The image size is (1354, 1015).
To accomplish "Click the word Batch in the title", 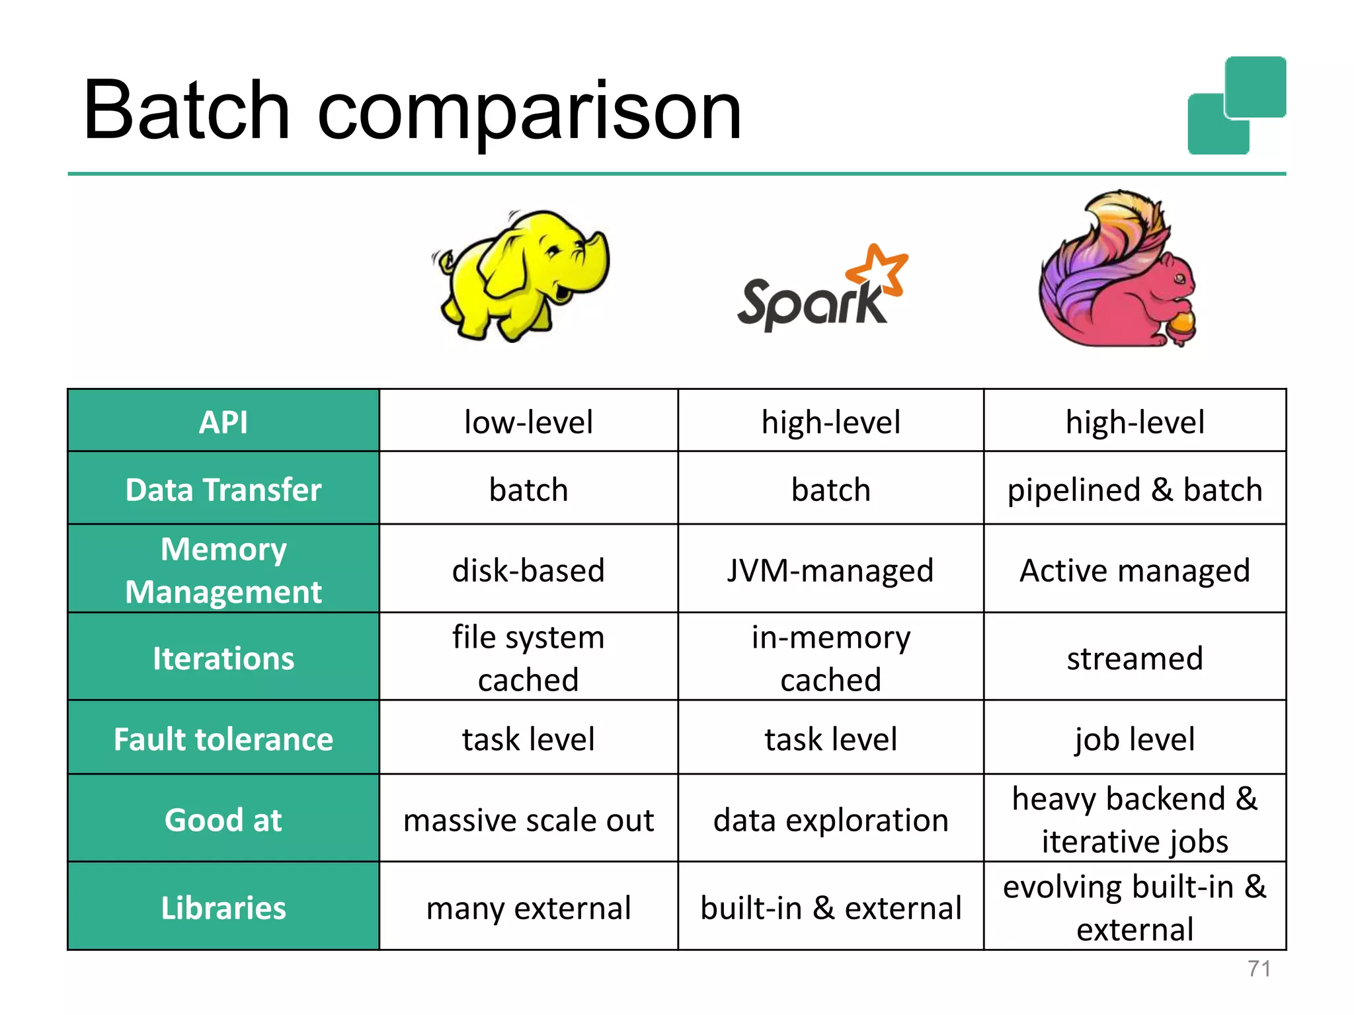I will click(186, 111).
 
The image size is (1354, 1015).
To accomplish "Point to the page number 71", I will click(1258, 969).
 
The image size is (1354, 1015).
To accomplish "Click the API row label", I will click(223, 422).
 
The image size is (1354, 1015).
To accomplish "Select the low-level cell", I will click(528, 422).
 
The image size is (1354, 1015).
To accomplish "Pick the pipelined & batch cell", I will click(1135, 490).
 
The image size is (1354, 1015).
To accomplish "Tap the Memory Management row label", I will click(223, 570).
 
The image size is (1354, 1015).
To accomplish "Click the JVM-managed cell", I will click(830, 570).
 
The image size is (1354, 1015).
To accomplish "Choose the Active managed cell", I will click(1135, 570).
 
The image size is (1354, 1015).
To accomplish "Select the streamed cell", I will click(1135, 658).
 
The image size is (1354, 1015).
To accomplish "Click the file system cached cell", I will click(528, 658).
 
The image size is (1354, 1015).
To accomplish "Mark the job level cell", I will click(1135, 739).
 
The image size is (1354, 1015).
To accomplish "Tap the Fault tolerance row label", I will click(223, 739).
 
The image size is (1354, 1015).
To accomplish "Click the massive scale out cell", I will click(528, 820).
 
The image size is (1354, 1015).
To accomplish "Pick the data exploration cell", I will click(830, 820).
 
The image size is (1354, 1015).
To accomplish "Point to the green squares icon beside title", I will click(1236, 106).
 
